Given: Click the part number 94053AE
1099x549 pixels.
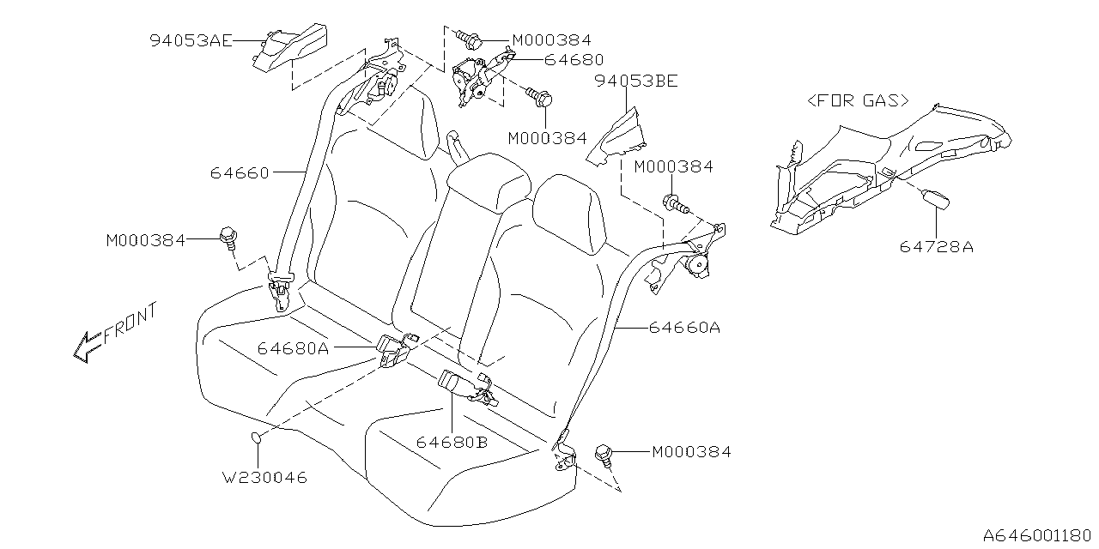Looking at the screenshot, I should (189, 39).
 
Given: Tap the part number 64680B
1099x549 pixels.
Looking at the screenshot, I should (452, 442).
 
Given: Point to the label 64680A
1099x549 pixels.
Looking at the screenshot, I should (293, 348).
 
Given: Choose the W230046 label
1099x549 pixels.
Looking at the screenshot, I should (264, 477).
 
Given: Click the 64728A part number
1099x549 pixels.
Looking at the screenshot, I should (937, 247).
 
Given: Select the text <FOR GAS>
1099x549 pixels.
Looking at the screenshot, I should (858, 100).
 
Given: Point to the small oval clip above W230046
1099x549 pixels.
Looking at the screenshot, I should (255, 439).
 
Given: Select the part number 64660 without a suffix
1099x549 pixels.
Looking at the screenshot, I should (240, 172).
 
